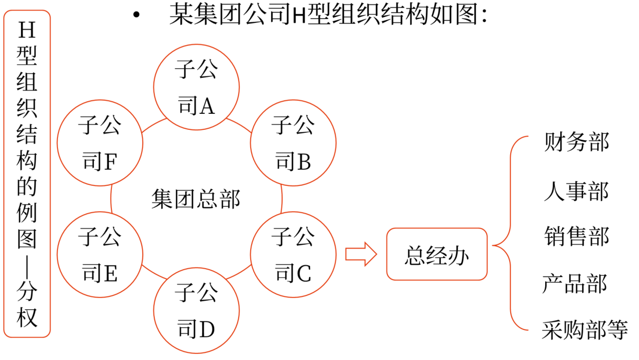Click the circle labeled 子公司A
click(196, 87)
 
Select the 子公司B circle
click(293, 143)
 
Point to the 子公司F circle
click(100, 143)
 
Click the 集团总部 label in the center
click(196, 199)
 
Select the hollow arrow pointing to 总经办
click(360, 254)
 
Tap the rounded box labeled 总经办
click(436, 254)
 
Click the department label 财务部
click(576, 142)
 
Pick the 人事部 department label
click(576, 191)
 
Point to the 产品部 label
click(574, 284)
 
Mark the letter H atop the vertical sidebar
click(27, 31)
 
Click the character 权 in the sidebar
click(27, 318)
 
